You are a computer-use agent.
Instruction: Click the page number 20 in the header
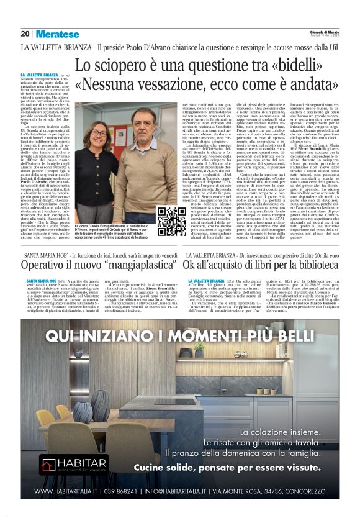pos(25,34)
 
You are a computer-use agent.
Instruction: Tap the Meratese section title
pos(57,34)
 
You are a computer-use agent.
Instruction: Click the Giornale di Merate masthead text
pos(323,32)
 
